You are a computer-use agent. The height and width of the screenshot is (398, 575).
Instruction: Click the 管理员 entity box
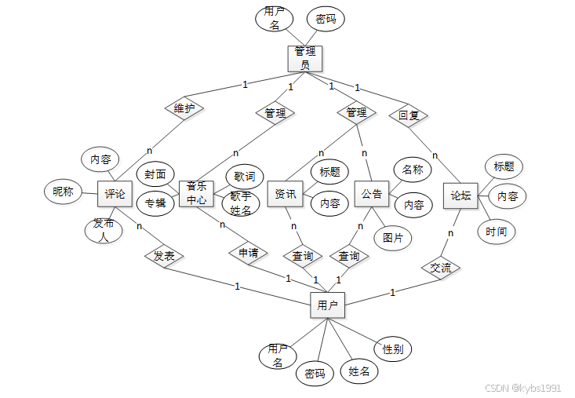pos(305,57)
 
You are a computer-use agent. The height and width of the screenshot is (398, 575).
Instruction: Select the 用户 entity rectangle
pos(327,305)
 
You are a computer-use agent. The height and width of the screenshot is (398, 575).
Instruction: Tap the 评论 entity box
pos(115,194)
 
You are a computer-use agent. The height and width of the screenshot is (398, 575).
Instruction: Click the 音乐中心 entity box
pos(196,193)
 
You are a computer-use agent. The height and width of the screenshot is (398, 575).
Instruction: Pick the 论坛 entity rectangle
pos(460,195)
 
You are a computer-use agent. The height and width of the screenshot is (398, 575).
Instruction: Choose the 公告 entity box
pos(372,193)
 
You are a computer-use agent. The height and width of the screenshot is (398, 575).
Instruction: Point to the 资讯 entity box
pos(286,194)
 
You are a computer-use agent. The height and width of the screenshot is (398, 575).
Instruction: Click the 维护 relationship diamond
pos(184,108)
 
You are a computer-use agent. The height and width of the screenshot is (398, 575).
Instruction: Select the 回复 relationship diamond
pos(409,115)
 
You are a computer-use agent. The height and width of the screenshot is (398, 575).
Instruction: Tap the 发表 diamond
pos(164,256)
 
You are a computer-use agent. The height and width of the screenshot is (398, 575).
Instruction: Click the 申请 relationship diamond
pos(248,254)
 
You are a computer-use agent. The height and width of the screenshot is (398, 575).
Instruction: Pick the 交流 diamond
pos(441,268)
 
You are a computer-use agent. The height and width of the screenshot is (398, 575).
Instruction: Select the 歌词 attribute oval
pos(244,177)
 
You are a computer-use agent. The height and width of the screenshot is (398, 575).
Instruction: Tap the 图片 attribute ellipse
pos(392,238)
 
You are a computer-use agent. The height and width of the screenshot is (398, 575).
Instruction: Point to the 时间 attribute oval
pos(496,232)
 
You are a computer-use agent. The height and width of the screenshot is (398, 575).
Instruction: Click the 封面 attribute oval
pos(155,173)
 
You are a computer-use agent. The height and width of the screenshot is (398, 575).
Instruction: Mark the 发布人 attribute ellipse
pos(104,229)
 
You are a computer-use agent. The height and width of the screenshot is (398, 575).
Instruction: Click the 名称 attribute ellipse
pos(412,169)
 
